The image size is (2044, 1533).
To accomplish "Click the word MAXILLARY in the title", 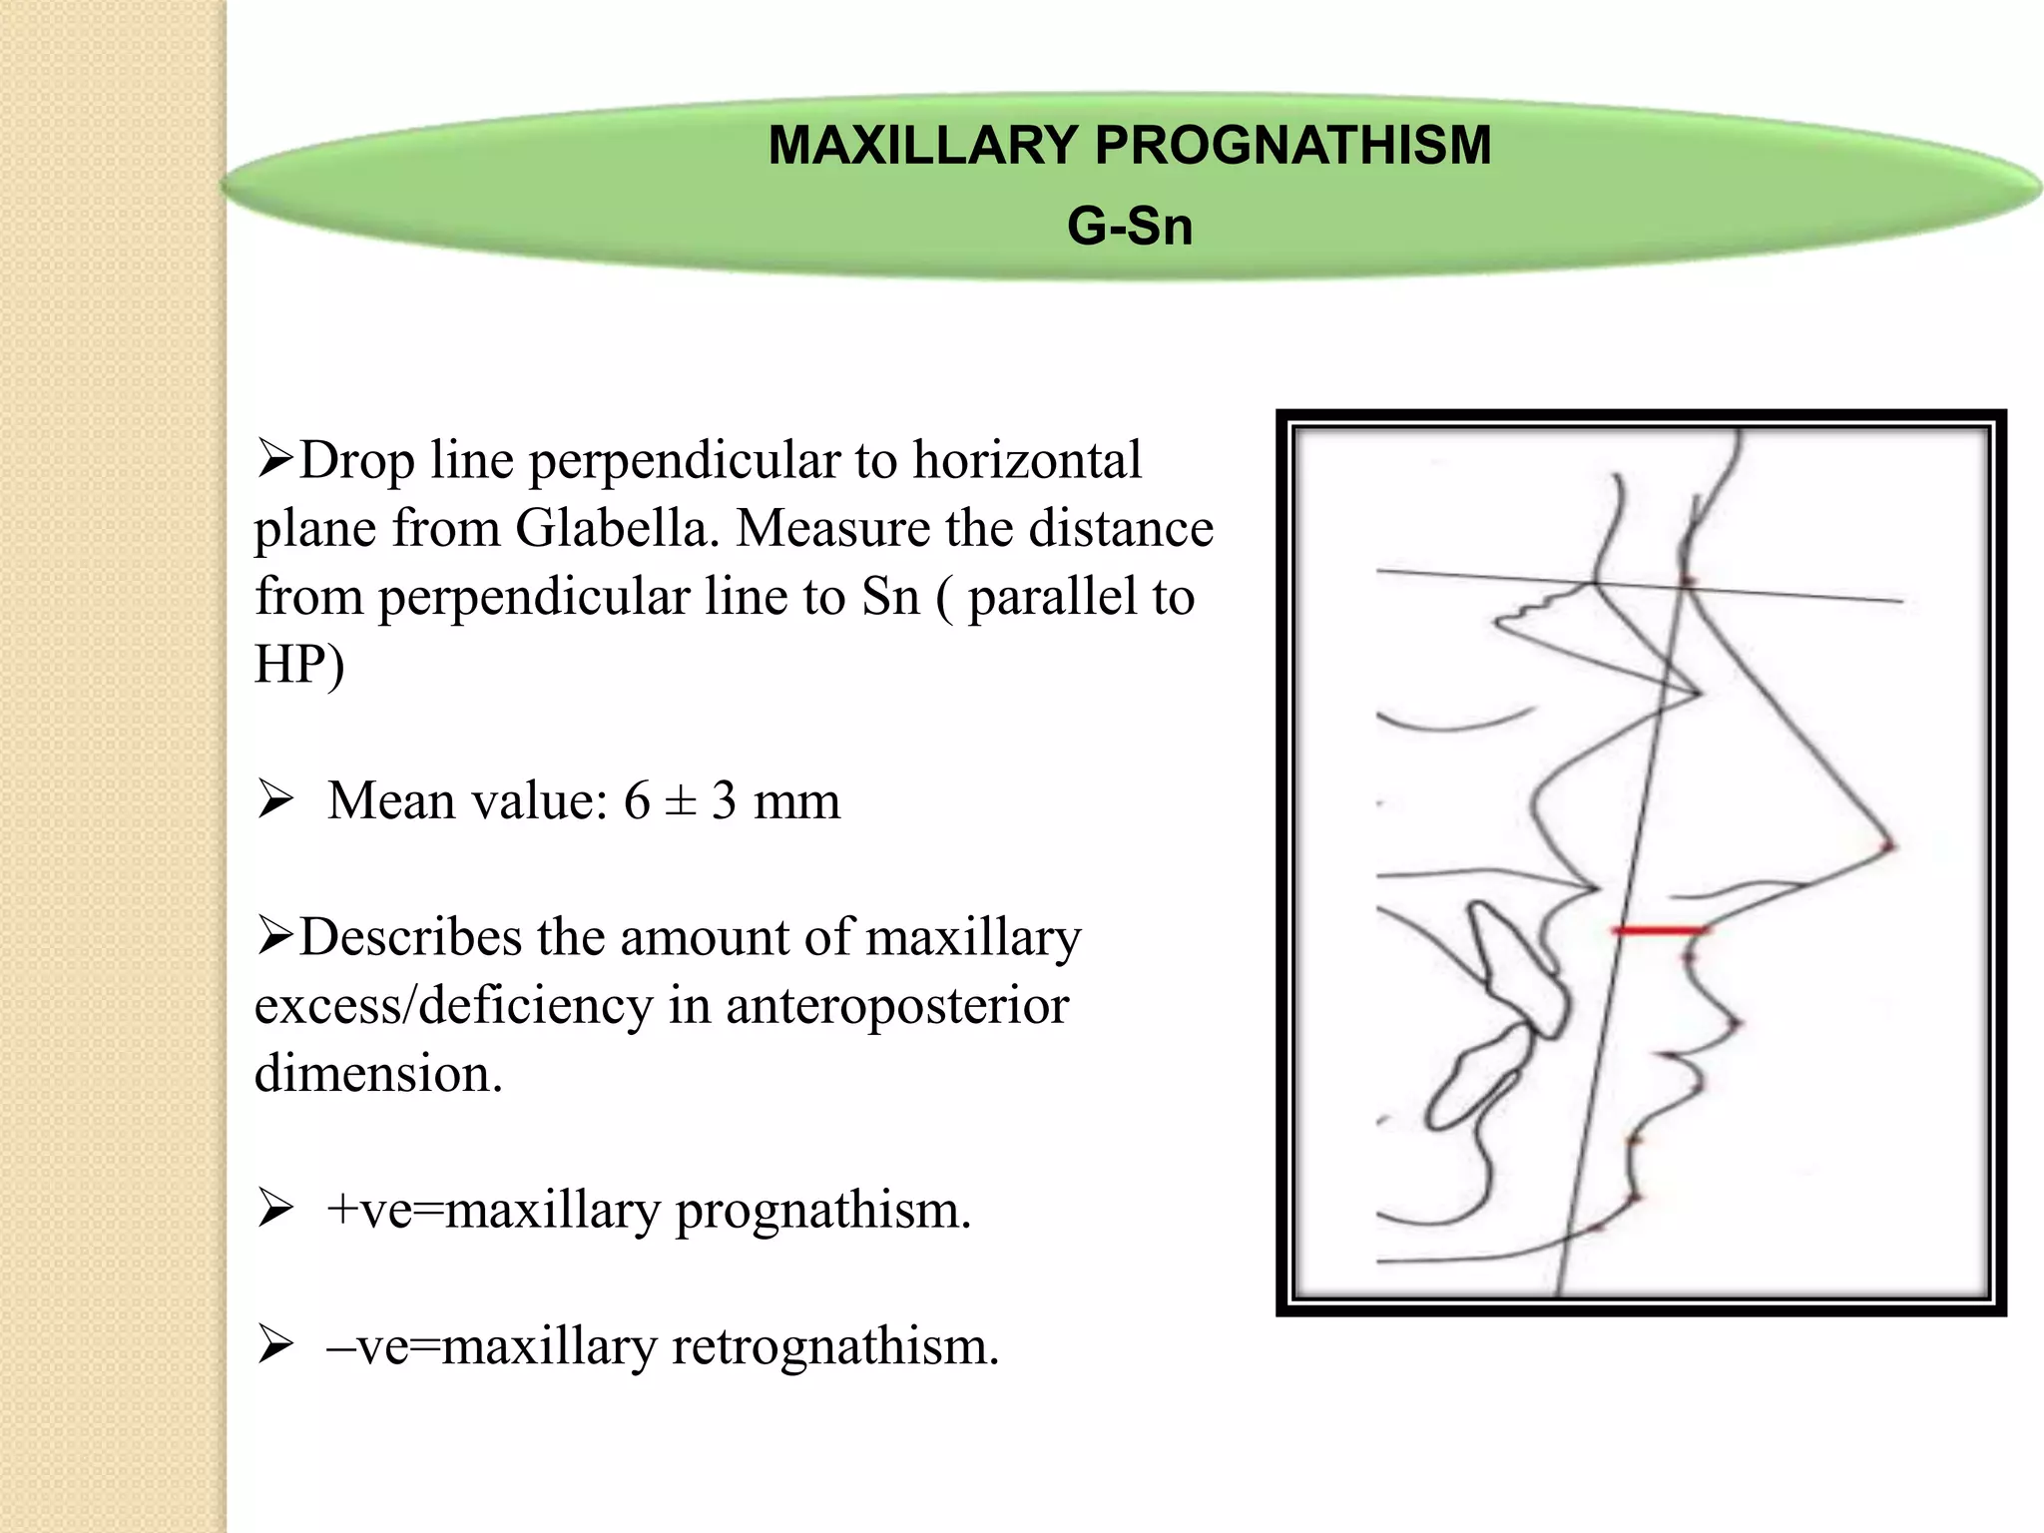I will tap(922, 146).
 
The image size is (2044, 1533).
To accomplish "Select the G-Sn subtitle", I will tap(1129, 227).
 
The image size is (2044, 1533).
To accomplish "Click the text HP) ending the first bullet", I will tap(299, 665).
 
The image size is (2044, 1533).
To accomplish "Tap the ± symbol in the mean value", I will tap(680, 800).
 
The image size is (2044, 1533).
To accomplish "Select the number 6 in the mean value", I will tap(637, 800).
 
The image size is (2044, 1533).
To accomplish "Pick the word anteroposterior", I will tap(896, 1005).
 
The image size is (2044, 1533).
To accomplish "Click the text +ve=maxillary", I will tap(493, 1210).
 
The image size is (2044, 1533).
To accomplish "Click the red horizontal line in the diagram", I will tap(1659, 930).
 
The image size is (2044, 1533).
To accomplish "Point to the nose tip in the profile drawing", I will tap(1888, 847).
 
